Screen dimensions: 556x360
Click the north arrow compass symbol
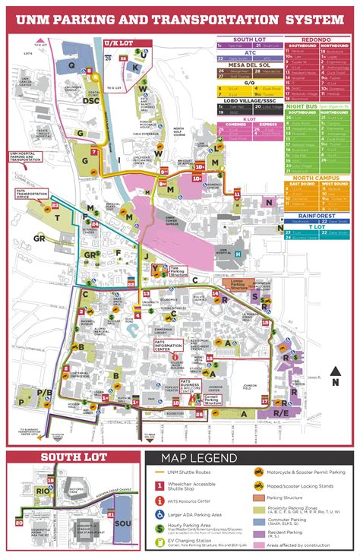click(335, 377)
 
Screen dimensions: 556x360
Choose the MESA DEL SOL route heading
click(249, 65)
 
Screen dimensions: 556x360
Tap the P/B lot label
click(46, 392)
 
